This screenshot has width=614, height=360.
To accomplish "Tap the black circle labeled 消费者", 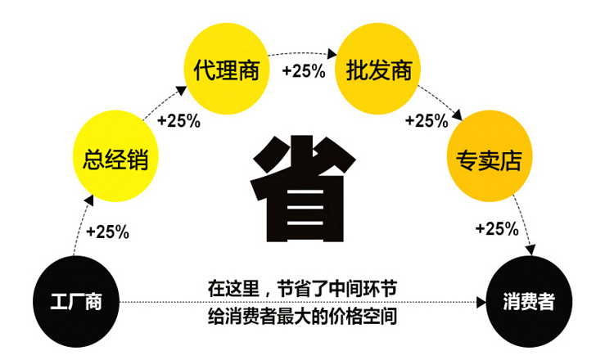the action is tap(528, 300).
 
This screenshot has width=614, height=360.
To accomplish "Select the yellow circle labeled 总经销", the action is tap(115, 155).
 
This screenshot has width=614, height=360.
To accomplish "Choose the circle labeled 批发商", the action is tap(377, 70).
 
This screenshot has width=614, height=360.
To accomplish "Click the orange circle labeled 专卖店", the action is tap(489, 155).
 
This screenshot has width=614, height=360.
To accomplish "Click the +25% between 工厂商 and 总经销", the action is tap(107, 232).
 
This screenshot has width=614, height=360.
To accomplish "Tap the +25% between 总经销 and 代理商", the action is tap(178, 121).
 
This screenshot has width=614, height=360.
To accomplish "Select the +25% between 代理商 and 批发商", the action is tap(303, 71).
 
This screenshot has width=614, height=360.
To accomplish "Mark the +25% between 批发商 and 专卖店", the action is tap(427, 121).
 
